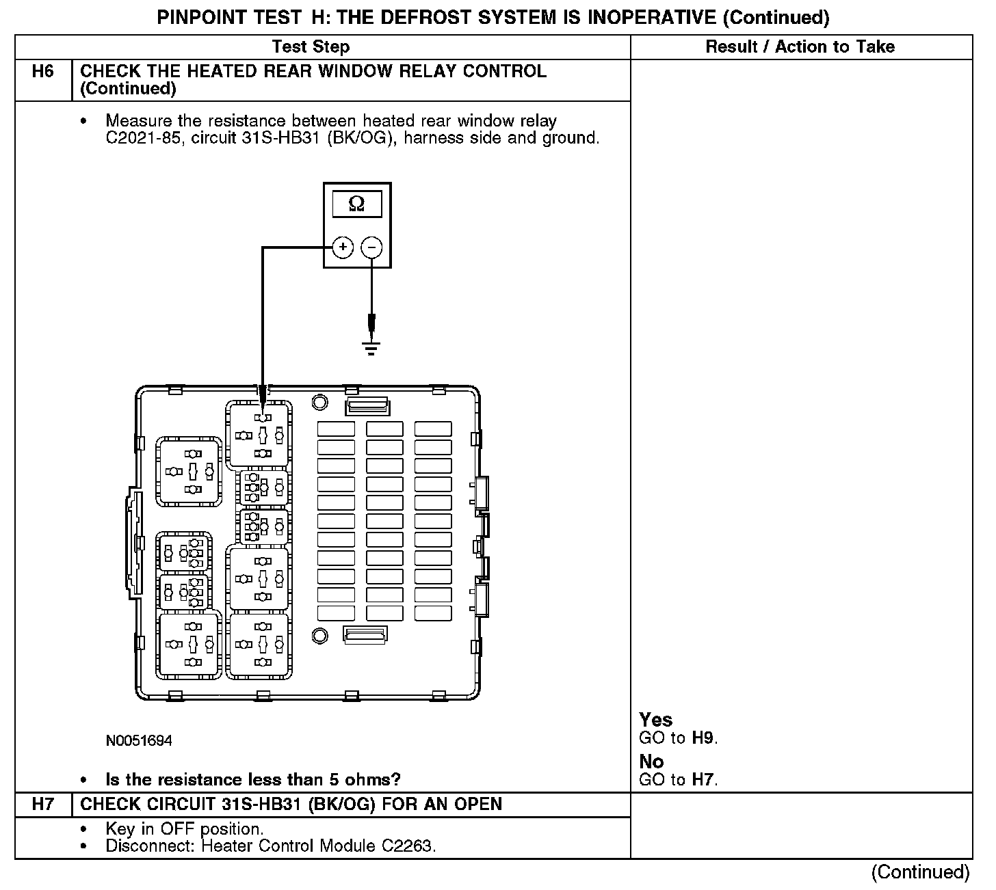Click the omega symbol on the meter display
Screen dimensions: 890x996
(x=356, y=204)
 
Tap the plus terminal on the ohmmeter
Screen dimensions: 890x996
(x=343, y=247)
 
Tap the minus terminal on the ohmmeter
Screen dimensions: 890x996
(x=371, y=247)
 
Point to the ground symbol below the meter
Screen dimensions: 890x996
(x=371, y=349)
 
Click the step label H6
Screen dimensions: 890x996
(x=42, y=72)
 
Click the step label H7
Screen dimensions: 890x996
(x=42, y=805)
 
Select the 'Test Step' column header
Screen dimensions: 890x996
(x=311, y=47)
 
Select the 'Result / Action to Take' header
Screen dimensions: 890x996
(x=800, y=47)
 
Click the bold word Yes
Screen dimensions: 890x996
(x=655, y=720)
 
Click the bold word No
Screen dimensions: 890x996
(x=651, y=761)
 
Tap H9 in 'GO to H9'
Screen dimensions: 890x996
(x=703, y=738)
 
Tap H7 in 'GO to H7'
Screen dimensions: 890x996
(x=703, y=780)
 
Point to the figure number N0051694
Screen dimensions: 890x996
(x=139, y=741)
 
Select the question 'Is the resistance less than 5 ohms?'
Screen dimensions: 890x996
(x=252, y=780)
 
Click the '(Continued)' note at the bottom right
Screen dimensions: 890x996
(x=920, y=872)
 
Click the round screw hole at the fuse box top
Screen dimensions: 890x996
(x=319, y=402)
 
